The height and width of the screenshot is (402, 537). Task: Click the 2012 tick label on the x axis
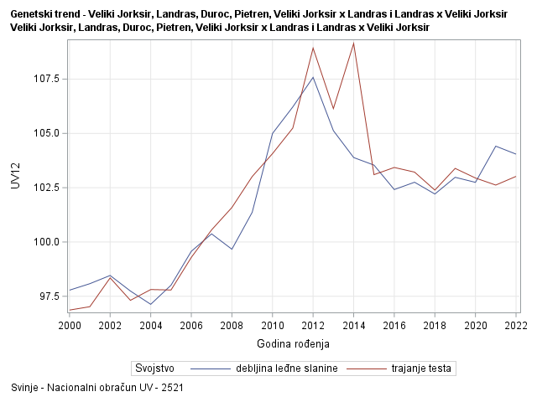[313, 325]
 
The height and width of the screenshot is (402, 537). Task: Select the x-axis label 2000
[70, 325]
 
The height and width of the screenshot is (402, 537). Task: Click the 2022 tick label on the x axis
[515, 325]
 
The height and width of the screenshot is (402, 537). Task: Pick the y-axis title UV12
[15, 175]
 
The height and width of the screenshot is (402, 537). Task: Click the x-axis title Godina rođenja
[292, 343]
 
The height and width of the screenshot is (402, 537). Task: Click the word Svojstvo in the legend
[154, 368]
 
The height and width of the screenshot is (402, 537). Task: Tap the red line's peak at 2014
[353, 43]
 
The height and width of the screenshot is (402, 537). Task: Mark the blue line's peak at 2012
[313, 77]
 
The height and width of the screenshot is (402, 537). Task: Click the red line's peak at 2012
[313, 47]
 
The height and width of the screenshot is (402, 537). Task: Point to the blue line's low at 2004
[151, 304]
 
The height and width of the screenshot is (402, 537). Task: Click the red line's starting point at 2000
[70, 310]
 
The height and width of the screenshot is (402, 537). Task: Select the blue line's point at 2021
[495, 146]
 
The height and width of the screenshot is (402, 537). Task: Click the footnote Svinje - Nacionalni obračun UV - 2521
[97, 389]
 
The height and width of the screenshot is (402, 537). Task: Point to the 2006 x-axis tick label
[191, 325]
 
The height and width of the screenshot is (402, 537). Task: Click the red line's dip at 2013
[333, 109]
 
